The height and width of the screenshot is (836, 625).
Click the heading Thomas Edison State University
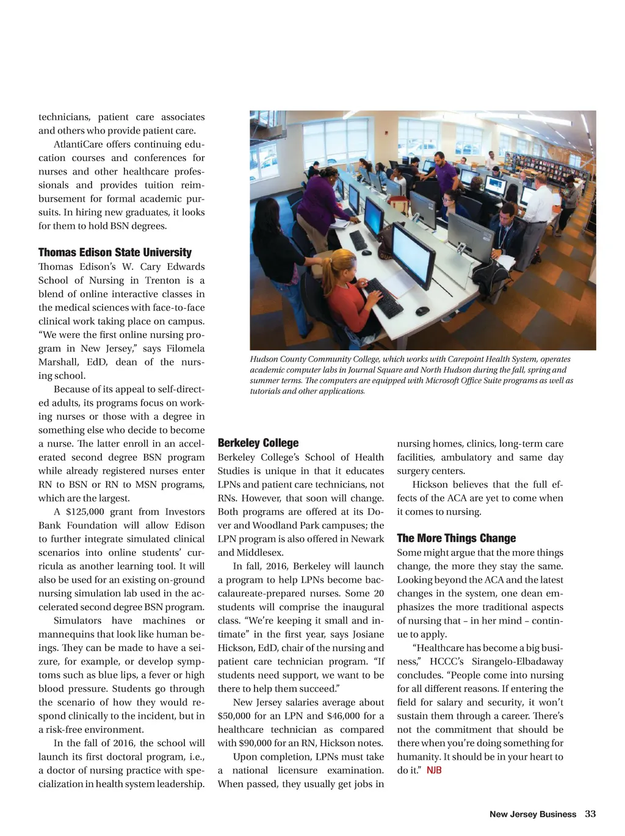(x=115, y=253)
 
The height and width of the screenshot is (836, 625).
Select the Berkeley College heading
(x=258, y=443)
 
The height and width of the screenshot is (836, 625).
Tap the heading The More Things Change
(x=456, y=538)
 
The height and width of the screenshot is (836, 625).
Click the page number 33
(x=590, y=814)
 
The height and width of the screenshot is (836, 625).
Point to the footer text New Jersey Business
(x=532, y=814)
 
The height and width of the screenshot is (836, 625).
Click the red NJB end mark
(x=434, y=770)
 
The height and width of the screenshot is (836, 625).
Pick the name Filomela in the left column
(x=186, y=348)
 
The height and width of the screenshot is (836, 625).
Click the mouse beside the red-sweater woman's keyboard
(x=422, y=311)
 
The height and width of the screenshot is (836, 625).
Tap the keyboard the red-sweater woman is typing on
(x=382, y=297)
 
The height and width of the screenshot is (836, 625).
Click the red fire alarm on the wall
(x=386, y=131)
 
